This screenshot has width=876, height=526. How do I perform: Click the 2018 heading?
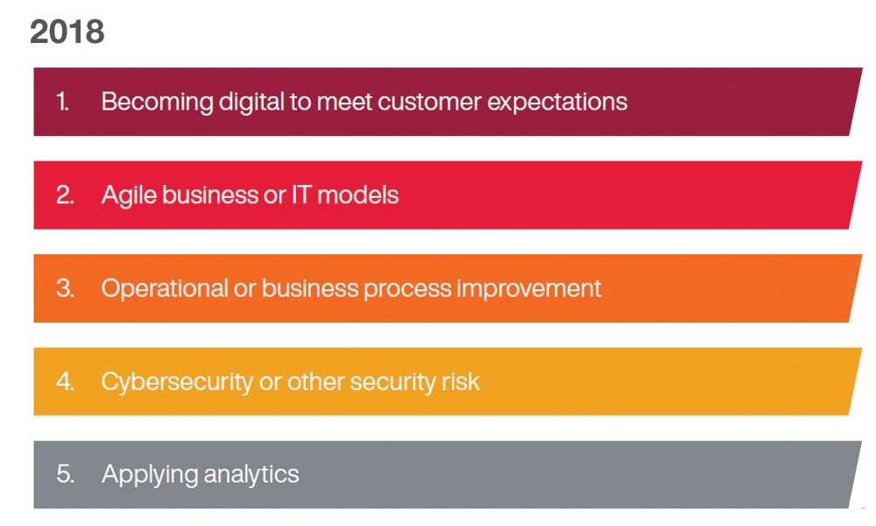pos(67,32)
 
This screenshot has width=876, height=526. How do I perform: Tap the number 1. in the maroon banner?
pos(62,102)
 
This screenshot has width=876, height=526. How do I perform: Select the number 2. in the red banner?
pos(65,195)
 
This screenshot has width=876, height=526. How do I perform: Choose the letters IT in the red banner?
pos(301,195)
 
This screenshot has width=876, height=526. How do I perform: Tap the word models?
pos(357,195)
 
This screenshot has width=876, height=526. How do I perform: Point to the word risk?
pos(461,381)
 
